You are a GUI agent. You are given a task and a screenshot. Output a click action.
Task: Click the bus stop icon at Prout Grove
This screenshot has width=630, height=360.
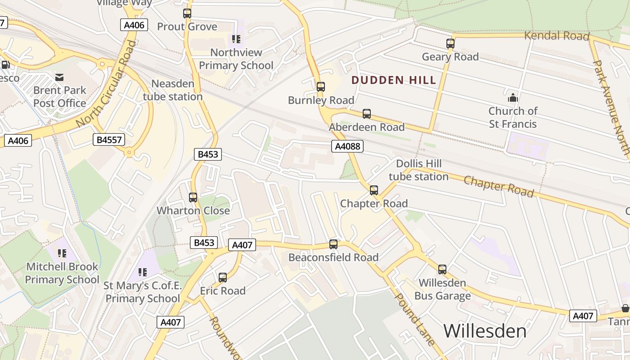click(x=187, y=13)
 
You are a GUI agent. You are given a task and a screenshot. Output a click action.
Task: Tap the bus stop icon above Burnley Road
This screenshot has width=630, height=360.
click(x=320, y=87)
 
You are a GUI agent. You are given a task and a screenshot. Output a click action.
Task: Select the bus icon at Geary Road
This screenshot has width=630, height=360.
click(x=450, y=44)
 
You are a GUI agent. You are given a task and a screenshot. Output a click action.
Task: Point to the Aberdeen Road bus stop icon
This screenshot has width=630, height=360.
click(x=367, y=114)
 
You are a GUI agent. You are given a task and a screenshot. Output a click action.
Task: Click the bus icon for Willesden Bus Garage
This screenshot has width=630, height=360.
click(x=442, y=270)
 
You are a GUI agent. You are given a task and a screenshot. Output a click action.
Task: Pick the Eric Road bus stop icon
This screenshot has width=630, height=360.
click(x=223, y=278)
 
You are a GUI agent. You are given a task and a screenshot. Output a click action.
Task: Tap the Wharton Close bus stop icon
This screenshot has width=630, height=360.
click(x=193, y=198)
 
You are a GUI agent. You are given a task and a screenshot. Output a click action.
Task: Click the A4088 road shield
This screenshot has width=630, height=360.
click(x=347, y=146)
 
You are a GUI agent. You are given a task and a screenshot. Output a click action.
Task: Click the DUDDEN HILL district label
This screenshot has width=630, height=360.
click(x=394, y=81)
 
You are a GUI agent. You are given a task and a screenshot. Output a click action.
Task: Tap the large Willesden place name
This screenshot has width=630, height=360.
click(x=485, y=331)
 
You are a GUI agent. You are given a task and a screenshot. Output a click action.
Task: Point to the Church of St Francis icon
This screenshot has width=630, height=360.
click(x=513, y=98)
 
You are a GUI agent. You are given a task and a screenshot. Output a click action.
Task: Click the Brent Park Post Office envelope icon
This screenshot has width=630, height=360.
click(x=59, y=77)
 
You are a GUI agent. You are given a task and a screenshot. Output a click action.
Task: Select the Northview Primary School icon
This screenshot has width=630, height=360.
click(x=236, y=39)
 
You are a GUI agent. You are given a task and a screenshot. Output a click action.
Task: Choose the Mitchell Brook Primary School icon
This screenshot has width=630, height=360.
click(x=62, y=253)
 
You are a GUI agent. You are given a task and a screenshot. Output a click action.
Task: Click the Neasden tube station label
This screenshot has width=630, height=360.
click(x=173, y=90)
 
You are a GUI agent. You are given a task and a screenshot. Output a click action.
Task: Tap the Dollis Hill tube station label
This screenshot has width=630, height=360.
click(x=418, y=170)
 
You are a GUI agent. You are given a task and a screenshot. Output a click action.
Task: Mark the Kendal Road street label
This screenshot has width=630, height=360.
click(x=557, y=36)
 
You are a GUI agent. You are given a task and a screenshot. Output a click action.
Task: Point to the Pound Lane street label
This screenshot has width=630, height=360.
click(x=415, y=319)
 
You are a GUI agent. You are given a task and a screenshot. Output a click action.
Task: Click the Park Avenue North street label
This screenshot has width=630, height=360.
click(x=611, y=108)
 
